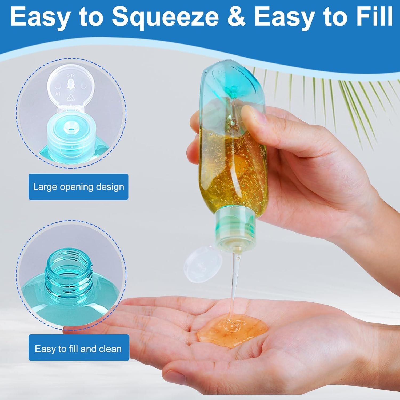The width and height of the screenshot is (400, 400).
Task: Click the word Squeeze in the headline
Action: (x=165, y=17)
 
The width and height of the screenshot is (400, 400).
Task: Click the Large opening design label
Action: (x=78, y=187)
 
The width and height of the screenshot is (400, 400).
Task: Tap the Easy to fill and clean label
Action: (x=79, y=349)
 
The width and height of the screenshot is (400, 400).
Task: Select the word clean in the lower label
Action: (x=110, y=349)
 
